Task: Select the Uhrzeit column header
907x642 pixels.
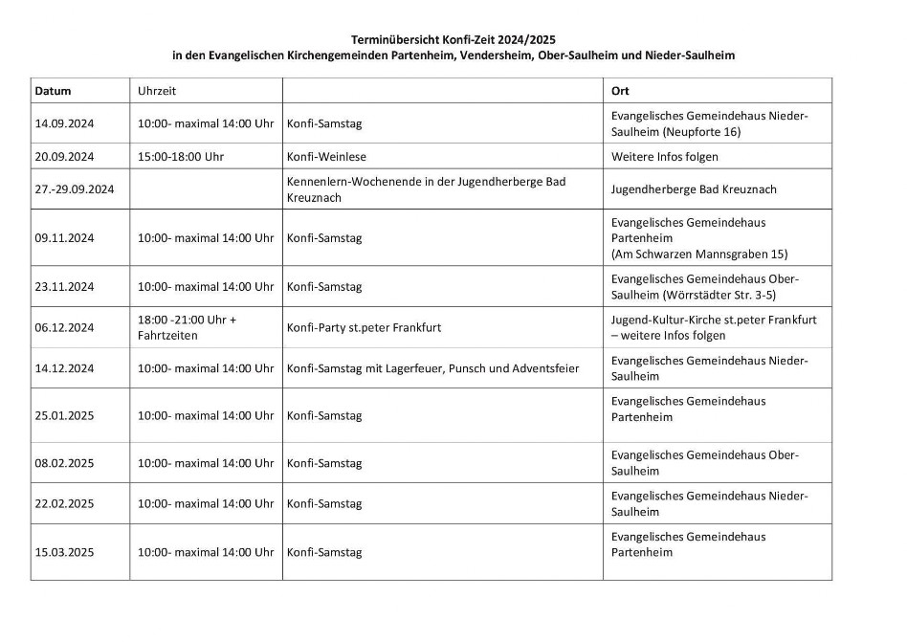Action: click(x=157, y=91)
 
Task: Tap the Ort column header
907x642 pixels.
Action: click(x=620, y=91)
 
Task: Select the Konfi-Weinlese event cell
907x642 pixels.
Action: click(x=326, y=156)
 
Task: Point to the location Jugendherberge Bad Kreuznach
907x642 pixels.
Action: click(x=694, y=189)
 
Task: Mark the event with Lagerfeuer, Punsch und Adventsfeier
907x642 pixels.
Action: click(x=432, y=368)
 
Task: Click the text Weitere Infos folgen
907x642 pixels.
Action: click(x=664, y=156)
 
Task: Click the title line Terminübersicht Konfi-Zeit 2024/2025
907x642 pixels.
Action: click(x=453, y=38)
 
